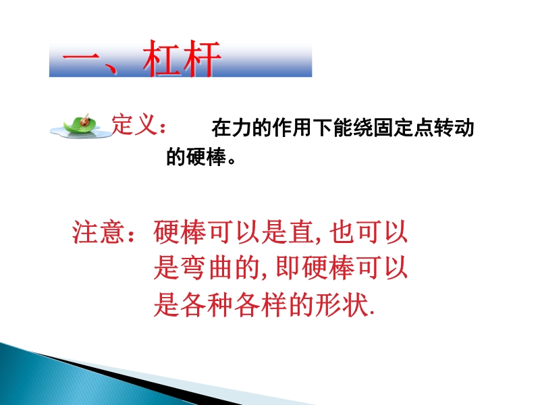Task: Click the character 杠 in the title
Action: pyautogui.click(x=162, y=58)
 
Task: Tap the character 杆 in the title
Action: pyautogui.click(x=201, y=58)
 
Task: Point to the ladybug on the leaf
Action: pyautogui.click(x=85, y=121)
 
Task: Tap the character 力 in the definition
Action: pyautogui.click(x=242, y=128)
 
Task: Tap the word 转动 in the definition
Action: pyautogui.click(x=454, y=128)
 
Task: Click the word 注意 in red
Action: pyautogui.click(x=98, y=232)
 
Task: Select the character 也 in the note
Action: pyautogui.click(x=342, y=232)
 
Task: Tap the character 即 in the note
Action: pyautogui.click(x=288, y=268)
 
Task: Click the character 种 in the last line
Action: pyautogui.click(x=220, y=305)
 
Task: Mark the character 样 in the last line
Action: pyautogui.click(x=275, y=305)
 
